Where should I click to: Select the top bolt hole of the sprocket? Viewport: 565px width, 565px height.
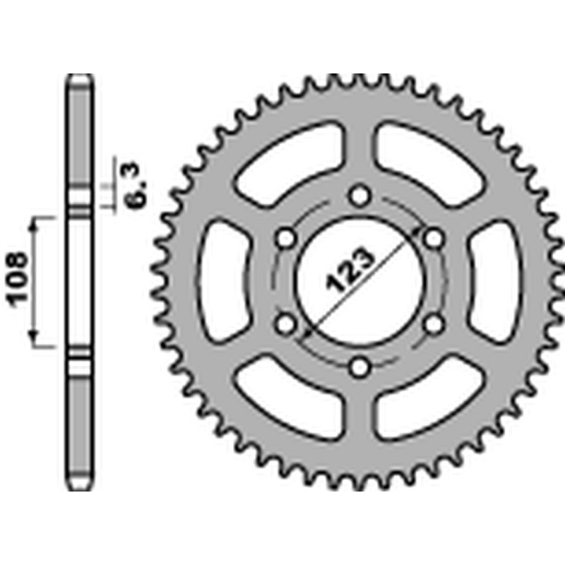(360, 195)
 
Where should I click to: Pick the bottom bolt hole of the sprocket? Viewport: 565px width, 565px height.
(360, 367)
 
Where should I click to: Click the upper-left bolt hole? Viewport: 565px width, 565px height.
(286, 237)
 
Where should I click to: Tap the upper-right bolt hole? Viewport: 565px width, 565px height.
(434, 237)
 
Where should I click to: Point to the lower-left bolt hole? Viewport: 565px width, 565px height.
(285, 324)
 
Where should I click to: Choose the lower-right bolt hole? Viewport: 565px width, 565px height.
(434, 323)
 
